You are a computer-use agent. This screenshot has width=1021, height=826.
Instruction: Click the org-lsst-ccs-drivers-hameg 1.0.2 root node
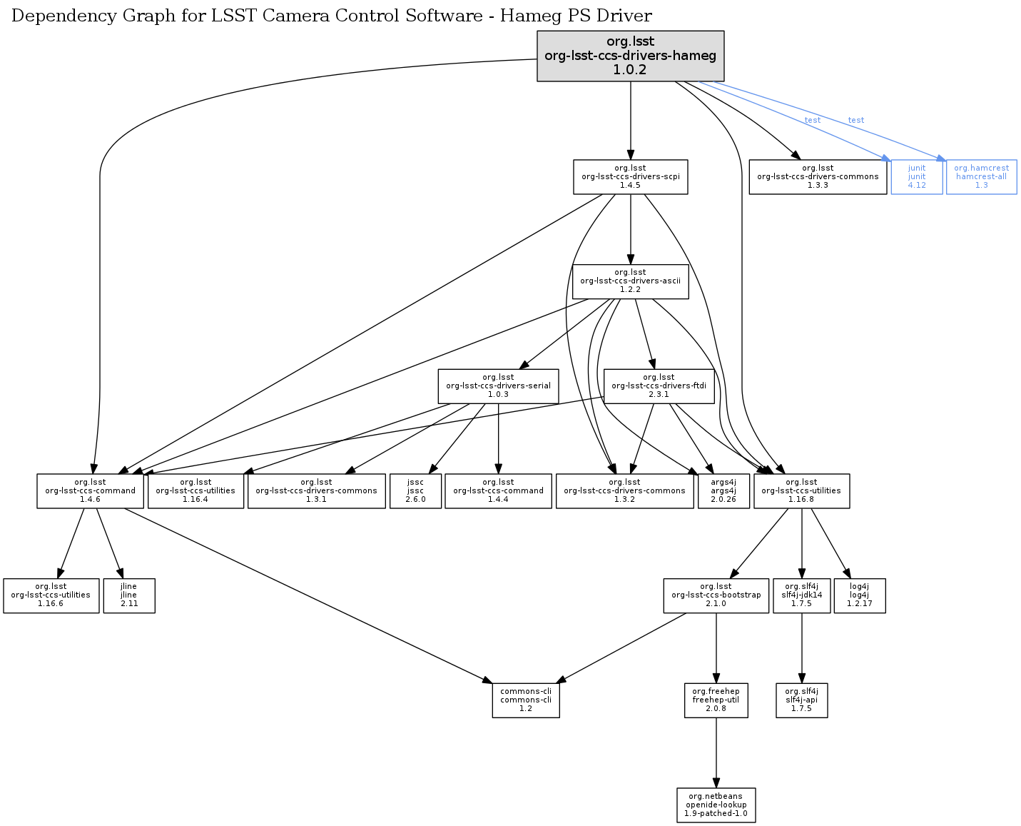tap(630, 56)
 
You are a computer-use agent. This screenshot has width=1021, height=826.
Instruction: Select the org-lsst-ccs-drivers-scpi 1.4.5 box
tap(630, 177)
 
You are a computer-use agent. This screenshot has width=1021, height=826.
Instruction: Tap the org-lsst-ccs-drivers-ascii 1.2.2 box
tap(630, 281)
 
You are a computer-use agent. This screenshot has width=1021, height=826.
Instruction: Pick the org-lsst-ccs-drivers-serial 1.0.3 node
tap(498, 386)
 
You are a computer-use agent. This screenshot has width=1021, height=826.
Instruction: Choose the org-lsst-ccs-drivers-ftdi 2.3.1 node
tap(659, 386)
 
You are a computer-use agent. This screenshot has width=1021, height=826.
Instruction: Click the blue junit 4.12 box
tap(917, 177)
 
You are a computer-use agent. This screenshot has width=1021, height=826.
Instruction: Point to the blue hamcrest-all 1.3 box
tap(981, 177)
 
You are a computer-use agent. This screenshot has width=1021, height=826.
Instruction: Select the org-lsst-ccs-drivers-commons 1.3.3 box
tap(818, 177)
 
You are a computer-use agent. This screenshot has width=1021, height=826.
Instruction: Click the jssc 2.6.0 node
tap(415, 491)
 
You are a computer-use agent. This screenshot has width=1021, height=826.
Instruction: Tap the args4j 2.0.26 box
tap(723, 491)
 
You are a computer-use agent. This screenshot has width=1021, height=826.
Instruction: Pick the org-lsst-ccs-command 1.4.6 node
tap(90, 491)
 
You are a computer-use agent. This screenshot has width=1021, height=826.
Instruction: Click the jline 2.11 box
tap(129, 595)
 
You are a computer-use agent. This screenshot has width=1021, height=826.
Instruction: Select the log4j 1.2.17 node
tap(860, 595)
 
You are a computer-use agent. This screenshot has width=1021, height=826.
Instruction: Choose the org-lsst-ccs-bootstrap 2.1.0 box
tap(716, 595)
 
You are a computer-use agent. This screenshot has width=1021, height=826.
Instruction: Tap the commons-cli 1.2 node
tap(526, 700)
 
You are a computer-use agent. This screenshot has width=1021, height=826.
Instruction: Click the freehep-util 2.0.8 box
tap(716, 700)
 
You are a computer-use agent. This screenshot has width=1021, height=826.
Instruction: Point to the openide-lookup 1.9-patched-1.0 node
tap(716, 805)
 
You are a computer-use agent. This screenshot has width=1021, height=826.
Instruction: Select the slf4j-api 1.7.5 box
tap(801, 700)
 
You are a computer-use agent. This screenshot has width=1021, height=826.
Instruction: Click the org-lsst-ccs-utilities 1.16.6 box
tap(51, 595)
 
